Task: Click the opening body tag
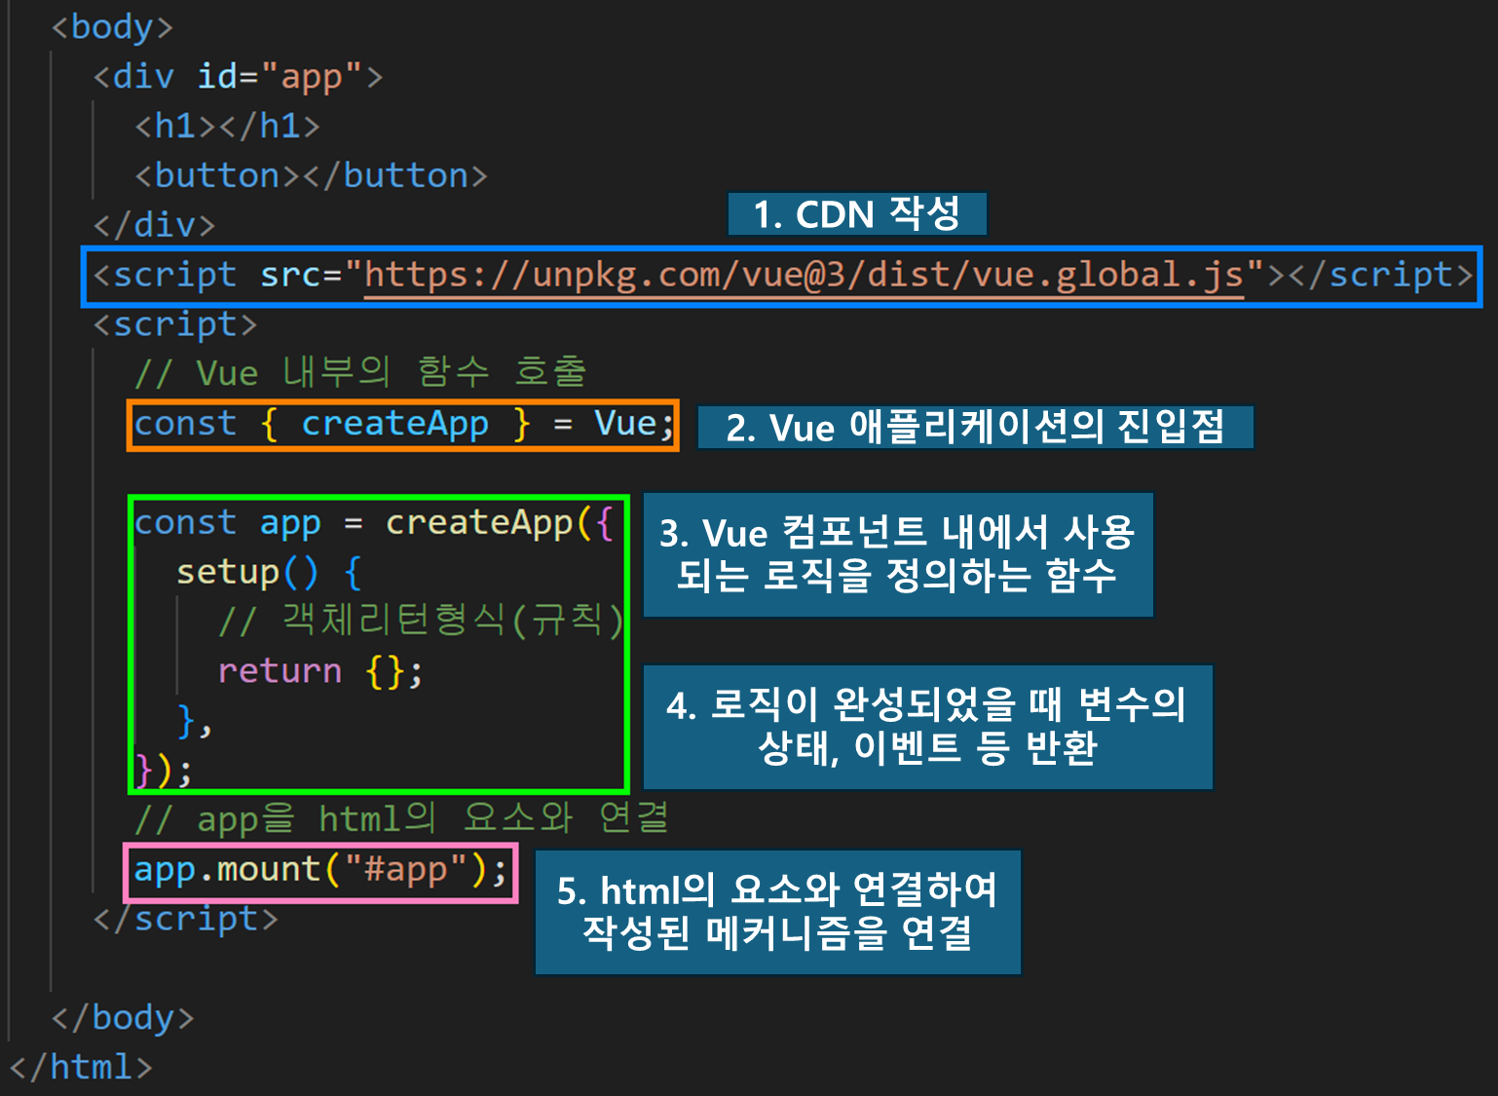(111, 27)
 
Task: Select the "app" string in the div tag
(312, 77)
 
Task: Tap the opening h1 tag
(175, 127)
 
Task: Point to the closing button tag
(395, 176)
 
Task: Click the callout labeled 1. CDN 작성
(856, 214)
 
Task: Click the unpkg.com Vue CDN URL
(804, 276)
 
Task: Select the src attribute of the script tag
(290, 276)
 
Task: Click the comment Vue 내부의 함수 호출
(360, 373)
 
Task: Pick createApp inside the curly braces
(394, 425)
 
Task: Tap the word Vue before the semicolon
(624, 425)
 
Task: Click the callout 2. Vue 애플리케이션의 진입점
(975, 428)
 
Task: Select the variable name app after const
(289, 523)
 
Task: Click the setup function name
(227, 573)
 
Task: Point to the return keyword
(280, 671)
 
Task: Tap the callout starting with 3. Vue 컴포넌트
(897, 554)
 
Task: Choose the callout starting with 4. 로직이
(926, 727)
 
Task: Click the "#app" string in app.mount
(404, 870)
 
